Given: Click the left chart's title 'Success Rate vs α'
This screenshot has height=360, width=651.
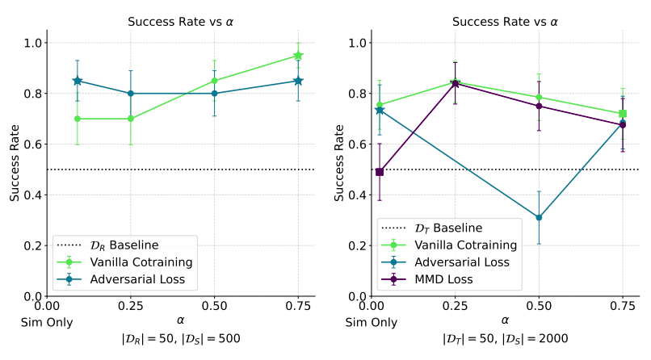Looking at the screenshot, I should tap(181, 22).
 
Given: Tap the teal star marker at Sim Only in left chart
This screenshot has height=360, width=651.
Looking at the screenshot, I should tap(78, 81).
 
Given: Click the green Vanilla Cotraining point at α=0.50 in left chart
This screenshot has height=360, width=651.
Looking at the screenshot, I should tap(214, 81).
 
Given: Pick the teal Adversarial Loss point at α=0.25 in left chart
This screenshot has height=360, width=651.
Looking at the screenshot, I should tap(130, 94).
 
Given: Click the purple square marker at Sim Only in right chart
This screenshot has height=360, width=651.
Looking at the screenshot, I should tap(380, 172).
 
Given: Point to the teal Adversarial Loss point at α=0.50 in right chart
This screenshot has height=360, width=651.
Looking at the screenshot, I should tap(539, 217).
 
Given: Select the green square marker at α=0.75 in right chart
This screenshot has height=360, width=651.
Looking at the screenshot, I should tap(623, 114).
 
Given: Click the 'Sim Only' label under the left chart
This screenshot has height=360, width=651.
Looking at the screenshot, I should tap(47, 322).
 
